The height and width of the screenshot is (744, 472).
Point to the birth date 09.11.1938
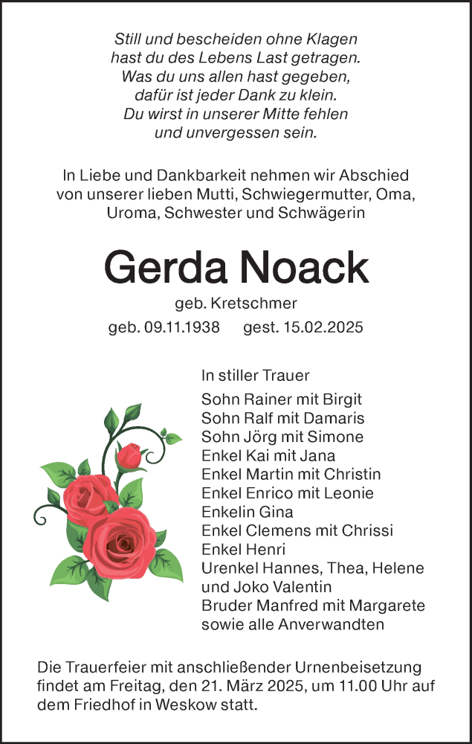(179, 327)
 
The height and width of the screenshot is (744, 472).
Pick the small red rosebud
(132, 455)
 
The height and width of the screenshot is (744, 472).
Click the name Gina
(275, 512)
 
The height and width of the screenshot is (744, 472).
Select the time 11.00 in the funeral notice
(350, 685)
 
